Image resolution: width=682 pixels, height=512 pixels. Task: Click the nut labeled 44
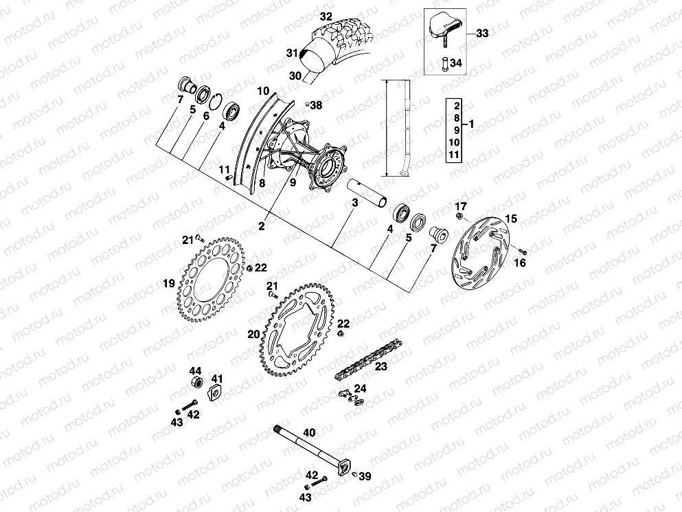coord(195,379)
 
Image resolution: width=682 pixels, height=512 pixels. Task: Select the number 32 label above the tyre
coord(326,14)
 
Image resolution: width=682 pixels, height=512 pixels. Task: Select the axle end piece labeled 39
coord(354,474)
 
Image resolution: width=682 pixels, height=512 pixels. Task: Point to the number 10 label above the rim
coord(262,90)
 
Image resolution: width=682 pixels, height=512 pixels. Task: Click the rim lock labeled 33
coord(443,26)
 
